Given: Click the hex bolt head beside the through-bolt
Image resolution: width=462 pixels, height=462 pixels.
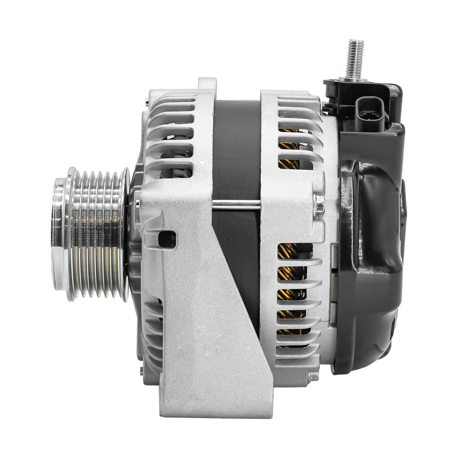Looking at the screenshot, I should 319,203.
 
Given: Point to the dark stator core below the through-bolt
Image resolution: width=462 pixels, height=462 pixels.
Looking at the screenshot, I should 237,260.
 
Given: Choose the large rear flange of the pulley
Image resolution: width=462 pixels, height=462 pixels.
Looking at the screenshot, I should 124,234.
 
